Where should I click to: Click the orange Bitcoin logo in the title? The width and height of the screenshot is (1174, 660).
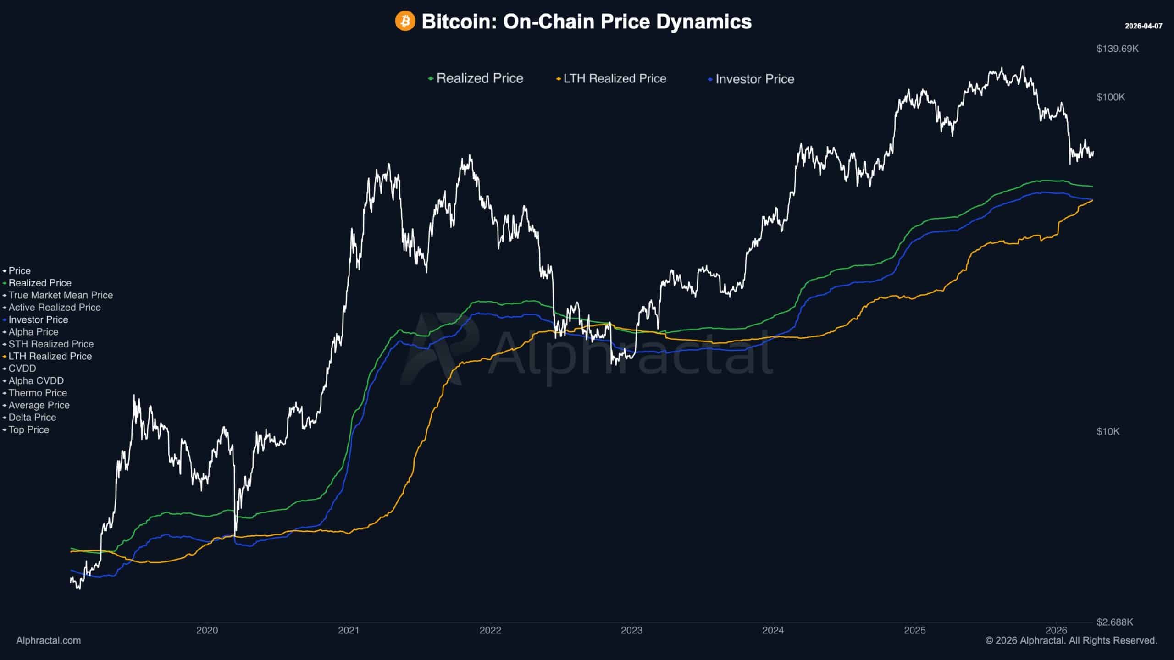(405, 21)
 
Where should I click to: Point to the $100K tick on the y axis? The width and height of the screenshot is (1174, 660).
(1111, 97)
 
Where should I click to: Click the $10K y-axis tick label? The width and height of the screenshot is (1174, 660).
(1108, 431)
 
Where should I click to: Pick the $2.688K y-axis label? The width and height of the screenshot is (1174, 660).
(1115, 622)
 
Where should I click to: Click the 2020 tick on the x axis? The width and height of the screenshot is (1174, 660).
(207, 630)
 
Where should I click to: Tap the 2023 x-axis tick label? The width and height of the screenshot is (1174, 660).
(631, 630)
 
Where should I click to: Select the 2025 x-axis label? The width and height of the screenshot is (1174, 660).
(915, 630)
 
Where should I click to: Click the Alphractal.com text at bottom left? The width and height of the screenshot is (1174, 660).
(49, 640)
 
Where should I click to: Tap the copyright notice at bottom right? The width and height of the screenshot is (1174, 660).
(1071, 640)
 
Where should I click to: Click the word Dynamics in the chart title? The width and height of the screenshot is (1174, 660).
(704, 22)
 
